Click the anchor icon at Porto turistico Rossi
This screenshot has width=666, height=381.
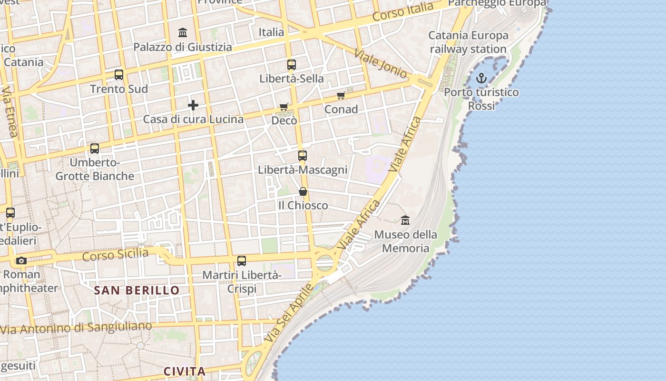point(481,78)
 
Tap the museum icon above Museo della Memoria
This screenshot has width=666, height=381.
point(405,220)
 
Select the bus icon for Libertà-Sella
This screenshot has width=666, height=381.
point(291,65)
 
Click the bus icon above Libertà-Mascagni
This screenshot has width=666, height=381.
point(303,155)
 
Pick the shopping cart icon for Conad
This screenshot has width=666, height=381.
point(341,96)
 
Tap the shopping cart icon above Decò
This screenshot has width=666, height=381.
point(284,107)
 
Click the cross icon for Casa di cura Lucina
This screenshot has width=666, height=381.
point(193,105)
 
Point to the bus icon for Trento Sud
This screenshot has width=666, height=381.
point(119,75)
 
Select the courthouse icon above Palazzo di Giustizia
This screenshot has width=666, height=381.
point(183,33)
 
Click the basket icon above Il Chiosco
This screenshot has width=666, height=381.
point(303,191)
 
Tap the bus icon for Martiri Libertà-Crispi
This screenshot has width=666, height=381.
point(242,261)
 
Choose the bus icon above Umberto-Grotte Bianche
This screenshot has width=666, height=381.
point(95,149)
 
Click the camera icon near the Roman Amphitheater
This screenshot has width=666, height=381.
point(21,261)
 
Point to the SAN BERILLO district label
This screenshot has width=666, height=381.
point(137,290)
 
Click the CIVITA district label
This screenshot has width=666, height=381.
point(185,371)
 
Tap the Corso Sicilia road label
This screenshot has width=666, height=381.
point(115,255)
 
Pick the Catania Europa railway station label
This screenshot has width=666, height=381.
point(469,42)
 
